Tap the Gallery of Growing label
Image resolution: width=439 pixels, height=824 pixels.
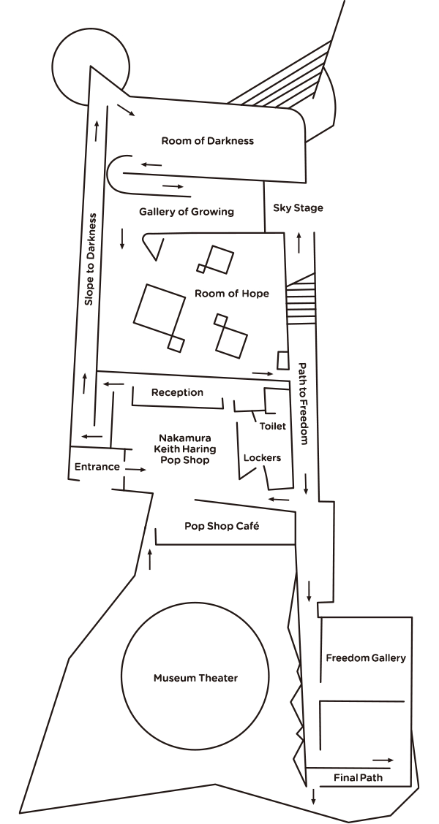point(187,212)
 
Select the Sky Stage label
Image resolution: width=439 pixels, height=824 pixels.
point(298,208)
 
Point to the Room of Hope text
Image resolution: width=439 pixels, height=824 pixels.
point(232,294)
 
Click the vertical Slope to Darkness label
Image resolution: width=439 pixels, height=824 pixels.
point(91,258)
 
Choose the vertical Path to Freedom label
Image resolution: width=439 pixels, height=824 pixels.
point(301,403)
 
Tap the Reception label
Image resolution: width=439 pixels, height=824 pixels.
point(177,392)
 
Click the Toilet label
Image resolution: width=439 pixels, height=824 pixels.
point(272,426)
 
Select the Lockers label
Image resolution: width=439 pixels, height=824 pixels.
point(262,458)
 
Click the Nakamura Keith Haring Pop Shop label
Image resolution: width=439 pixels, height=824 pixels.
point(185,449)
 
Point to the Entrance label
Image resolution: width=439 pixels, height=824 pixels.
point(97,467)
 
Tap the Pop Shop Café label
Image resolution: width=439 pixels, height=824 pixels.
point(222,526)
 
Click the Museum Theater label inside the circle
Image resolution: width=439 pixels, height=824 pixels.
point(195,678)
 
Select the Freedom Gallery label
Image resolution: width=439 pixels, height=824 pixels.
point(365,657)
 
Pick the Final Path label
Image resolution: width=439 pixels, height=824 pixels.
point(358,778)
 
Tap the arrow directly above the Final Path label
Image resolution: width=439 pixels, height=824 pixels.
point(383,760)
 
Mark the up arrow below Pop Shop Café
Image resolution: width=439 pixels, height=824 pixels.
point(150,559)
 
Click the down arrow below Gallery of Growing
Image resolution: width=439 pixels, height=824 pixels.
point(122,237)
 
